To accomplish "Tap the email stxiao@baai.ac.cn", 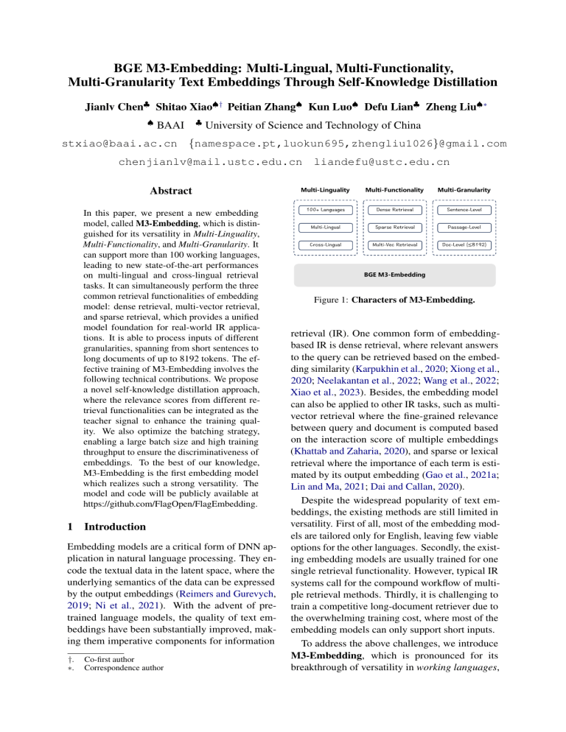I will (x=118, y=142).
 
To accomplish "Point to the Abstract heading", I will (x=171, y=191).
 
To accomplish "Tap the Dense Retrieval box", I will (x=399, y=211).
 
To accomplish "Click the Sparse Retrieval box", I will (x=399, y=228).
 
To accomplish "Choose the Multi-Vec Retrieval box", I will (x=399, y=244).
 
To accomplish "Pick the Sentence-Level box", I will (x=465, y=211).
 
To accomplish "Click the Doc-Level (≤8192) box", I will (x=465, y=244).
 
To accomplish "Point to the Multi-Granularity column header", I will (x=465, y=190).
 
